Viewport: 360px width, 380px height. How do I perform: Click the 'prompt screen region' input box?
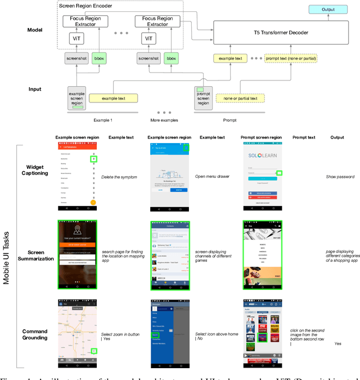[204, 96]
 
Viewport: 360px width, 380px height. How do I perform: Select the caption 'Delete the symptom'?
[120, 177]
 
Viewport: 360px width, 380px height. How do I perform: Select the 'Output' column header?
[337, 137]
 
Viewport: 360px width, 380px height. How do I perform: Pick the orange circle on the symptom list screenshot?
[93, 201]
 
